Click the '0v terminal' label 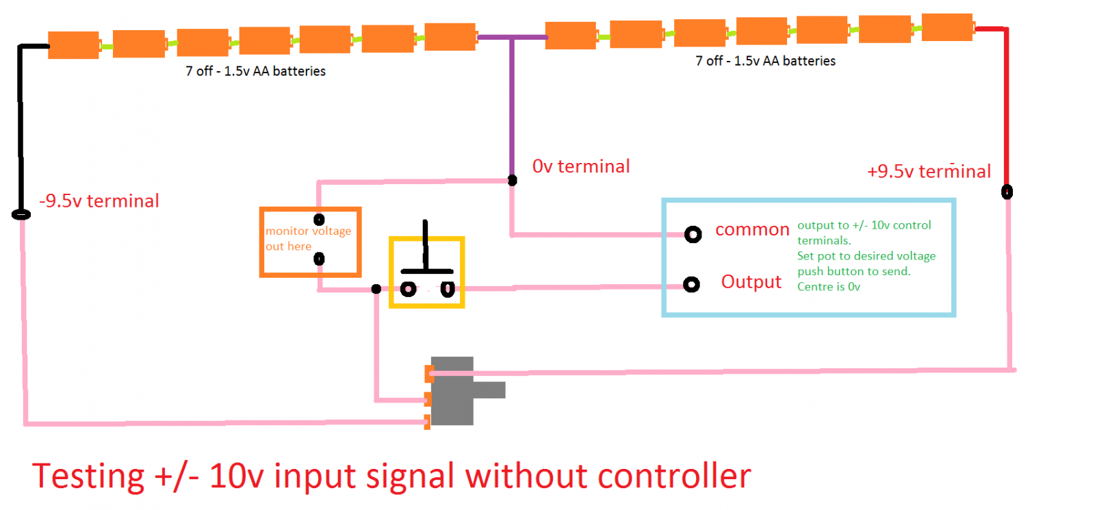(x=581, y=166)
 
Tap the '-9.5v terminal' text (x=99, y=201)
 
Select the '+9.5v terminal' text (x=929, y=171)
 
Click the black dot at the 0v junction (x=512, y=180)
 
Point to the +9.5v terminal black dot (x=1007, y=192)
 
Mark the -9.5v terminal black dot (x=21, y=214)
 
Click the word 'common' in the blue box (x=752, y=230)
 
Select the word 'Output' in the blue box (x=751, y=282)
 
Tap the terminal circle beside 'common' (x=693, y=235)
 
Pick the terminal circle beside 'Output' (x=692, y=284)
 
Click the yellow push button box (x=426, y=272)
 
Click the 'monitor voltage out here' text (x=307, y=238)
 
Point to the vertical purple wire (x=511, y=110)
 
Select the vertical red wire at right (x=1006, y=110)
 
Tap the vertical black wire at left (x=21, y=130)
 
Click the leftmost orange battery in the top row (x=73, y=44)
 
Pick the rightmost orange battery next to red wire (x=947, y=27)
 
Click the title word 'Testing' (x=88, y=476)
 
